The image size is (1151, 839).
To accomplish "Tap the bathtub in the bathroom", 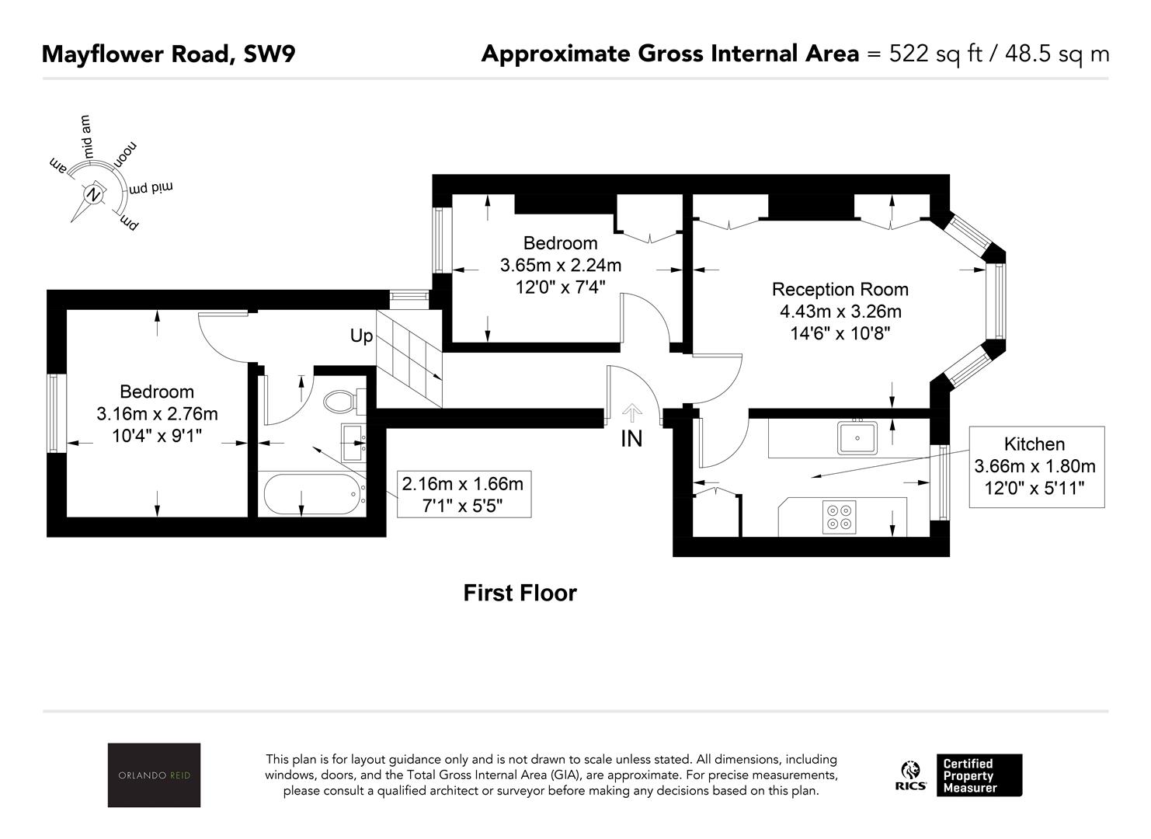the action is [311, 494].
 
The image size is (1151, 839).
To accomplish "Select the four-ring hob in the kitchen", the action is [839, 517].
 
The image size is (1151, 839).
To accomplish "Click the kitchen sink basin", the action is [857, 438].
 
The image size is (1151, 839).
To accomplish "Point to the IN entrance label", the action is [631, 439].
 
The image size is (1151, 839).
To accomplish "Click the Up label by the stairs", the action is [361, 336].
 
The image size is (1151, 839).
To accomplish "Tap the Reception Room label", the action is [840, 290].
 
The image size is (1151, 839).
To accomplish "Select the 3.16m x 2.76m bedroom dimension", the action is [157, 414].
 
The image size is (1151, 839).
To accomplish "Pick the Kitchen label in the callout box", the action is [1035, 444].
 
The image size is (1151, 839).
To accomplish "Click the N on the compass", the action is [93, 194].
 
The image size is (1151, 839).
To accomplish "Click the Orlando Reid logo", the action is [154, 775].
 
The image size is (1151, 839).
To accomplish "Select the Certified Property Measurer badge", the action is [979, 775].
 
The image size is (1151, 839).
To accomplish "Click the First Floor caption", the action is [520, 594].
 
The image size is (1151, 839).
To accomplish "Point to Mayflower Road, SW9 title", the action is [169, 54].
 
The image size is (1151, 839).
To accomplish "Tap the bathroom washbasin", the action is [353, 443].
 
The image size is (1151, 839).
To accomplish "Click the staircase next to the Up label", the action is [409, 359].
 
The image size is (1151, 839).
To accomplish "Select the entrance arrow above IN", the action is [632, 413].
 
